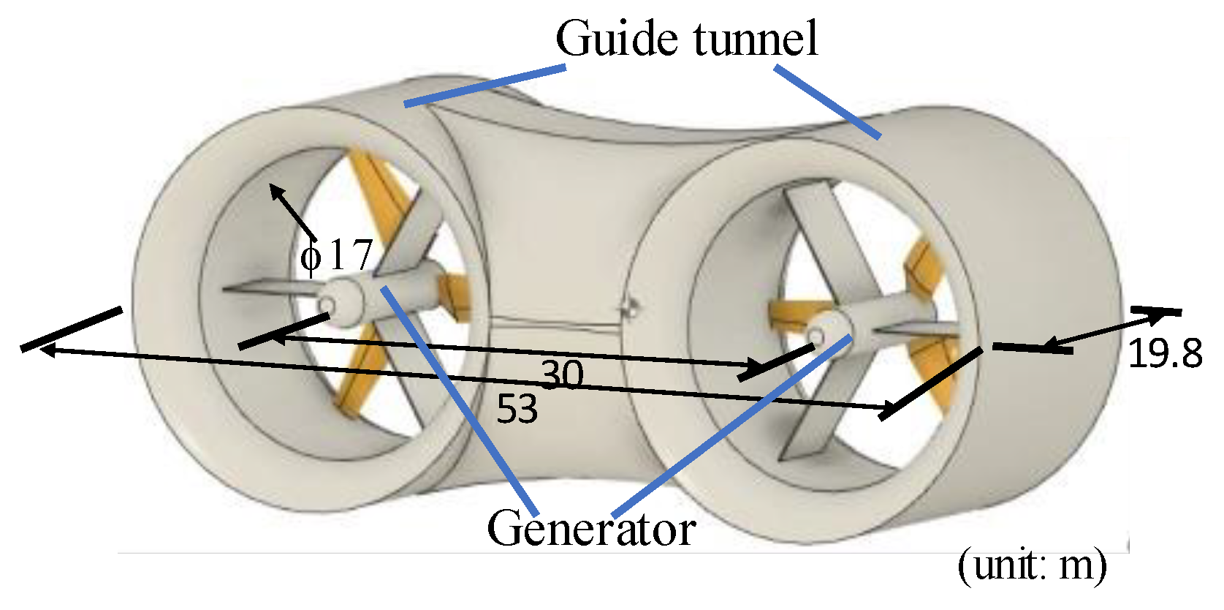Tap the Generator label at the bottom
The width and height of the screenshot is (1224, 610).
point(590,529)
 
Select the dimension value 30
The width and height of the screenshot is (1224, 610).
point(562,375)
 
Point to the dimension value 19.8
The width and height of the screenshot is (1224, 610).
point(1165,355)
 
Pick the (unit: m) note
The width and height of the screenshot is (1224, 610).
point(1032,565)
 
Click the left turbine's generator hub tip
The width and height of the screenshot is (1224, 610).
point(327,304)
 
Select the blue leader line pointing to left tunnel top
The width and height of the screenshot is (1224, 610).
point(485,86)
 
